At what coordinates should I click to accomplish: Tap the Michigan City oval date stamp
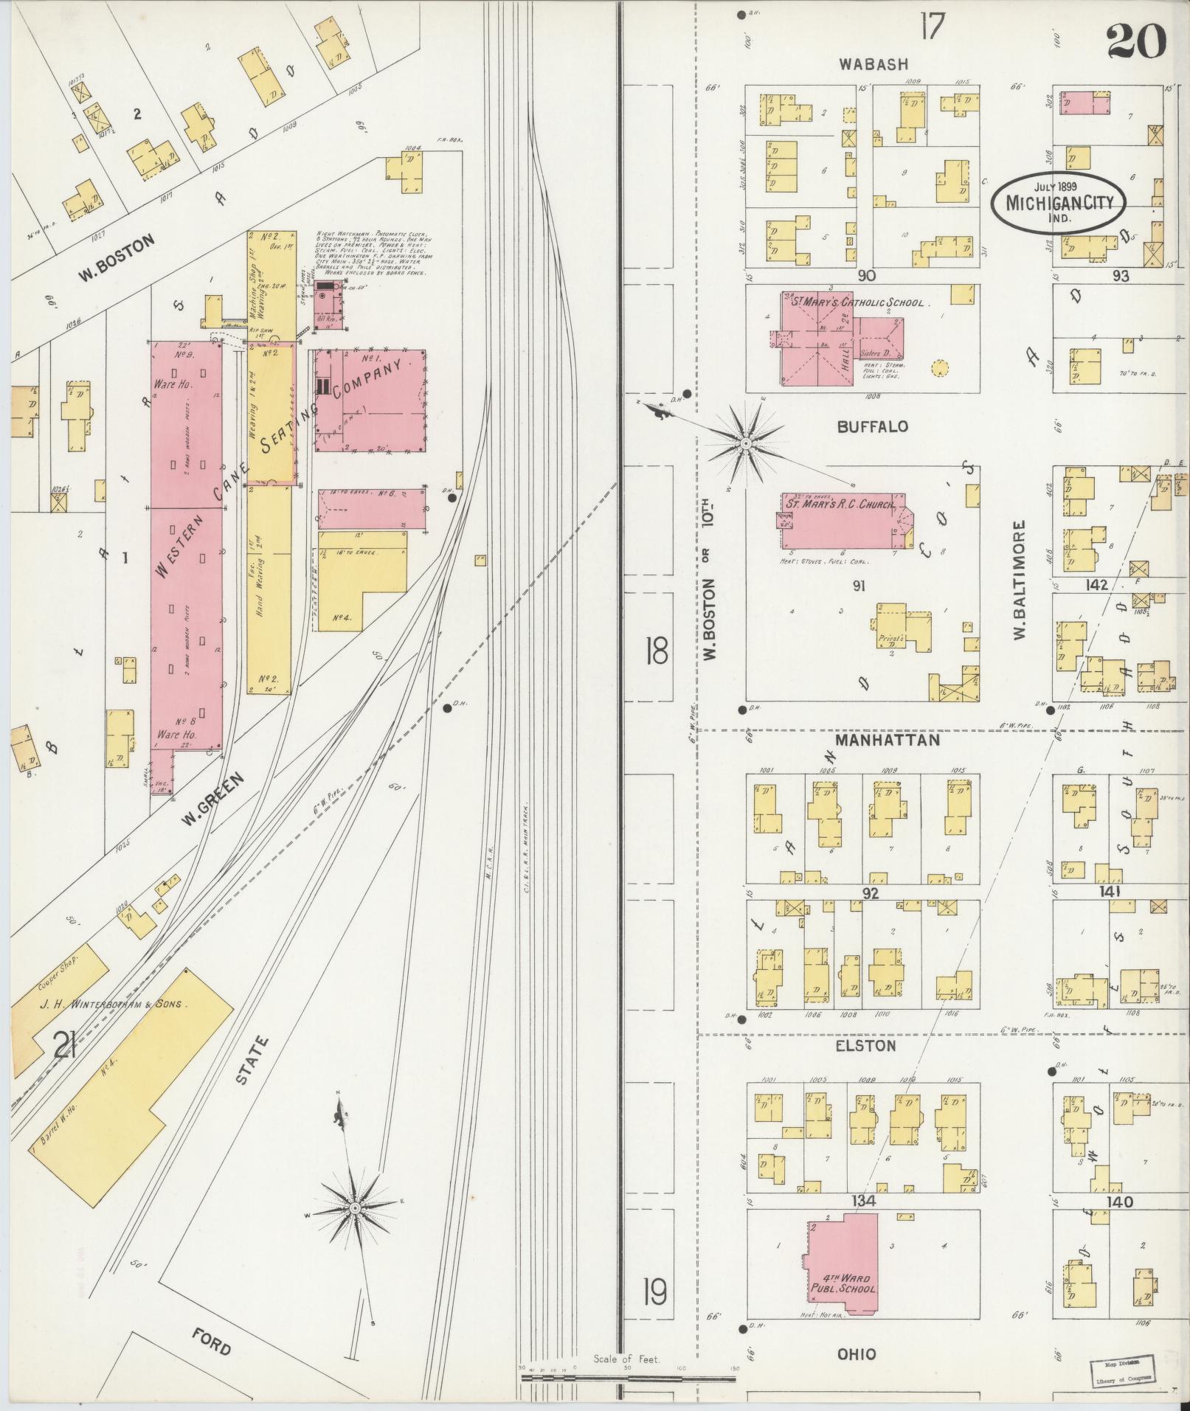pos(1059,204)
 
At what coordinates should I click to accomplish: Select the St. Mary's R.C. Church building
pos(841,523)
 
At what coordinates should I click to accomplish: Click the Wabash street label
pos(873,64)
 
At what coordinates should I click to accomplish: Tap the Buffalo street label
pos(873,426)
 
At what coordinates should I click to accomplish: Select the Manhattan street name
pos(888,739)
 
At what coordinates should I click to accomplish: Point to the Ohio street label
pos(857,1353)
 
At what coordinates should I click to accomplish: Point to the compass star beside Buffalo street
pos(746,443)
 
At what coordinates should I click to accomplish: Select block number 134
pos(863,1201)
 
